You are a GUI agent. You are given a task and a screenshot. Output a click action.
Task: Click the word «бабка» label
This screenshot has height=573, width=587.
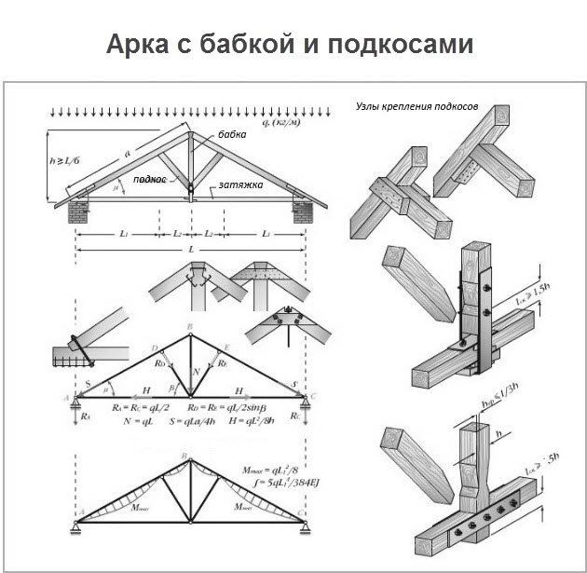[231, 135]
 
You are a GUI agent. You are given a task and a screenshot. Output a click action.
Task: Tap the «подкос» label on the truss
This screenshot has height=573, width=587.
[148, 179]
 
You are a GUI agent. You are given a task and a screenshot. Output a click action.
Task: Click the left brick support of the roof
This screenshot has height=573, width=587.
[77, 208]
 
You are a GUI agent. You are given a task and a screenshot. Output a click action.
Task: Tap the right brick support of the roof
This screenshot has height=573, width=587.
[304, 208]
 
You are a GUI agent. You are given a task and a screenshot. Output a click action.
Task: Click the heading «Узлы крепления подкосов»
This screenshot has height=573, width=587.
[416, 107]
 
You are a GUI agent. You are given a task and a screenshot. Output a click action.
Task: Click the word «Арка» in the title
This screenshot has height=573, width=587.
[141, 45]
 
